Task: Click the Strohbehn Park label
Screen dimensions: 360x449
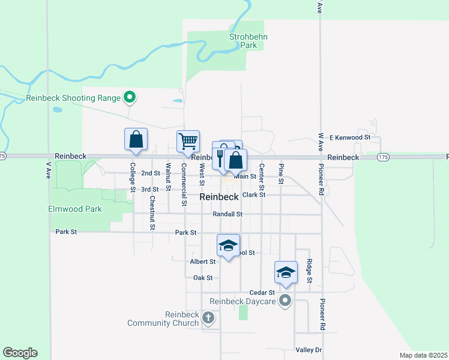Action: pos(249,41)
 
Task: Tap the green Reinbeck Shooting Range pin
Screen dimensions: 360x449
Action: pos(128,97)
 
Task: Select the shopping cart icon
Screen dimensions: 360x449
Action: pos(188,141)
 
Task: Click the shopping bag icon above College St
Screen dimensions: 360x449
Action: pos(136,139)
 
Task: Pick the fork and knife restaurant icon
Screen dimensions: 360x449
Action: pos(221,157)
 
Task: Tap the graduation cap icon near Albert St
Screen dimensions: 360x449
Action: pos(228,245)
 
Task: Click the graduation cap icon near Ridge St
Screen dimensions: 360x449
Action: pos(286,273)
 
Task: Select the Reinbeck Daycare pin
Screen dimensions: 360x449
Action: pos(285,301)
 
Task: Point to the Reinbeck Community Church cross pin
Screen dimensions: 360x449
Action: pos(208,317)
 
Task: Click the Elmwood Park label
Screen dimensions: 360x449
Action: pos(76,209)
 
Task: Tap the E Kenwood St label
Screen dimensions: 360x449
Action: pos(351,137)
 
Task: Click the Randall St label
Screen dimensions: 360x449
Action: pos(228,214)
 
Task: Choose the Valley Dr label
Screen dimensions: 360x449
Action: pos(309,350)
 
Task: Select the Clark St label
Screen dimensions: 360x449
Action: pos(254,195)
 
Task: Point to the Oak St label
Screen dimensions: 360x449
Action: pos(203,278)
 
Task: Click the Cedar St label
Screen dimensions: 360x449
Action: pos(262,292)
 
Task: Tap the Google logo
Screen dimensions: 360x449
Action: pos(20,353)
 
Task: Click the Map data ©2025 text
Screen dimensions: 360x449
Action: pos(423,355)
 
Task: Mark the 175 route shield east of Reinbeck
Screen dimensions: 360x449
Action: pos(383,157)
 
